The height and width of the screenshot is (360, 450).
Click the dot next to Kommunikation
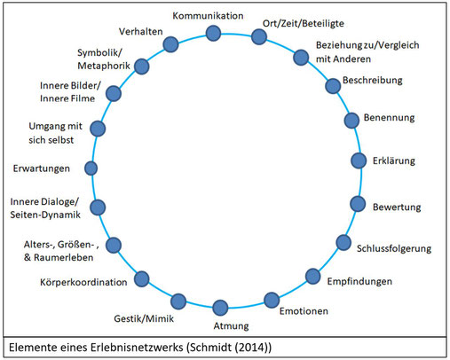tap(213, 33)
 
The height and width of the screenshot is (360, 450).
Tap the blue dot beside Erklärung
tap(359, 160)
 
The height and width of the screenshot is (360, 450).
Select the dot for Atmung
tap(220, 308)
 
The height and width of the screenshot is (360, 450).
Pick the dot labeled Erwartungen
tap(91, 168)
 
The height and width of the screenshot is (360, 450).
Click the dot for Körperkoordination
tap(142, 278)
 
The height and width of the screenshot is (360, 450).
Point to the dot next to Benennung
tap(351, 121)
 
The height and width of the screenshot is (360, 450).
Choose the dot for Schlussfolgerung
tap(343, 243)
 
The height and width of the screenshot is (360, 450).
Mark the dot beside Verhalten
tap(170, 44)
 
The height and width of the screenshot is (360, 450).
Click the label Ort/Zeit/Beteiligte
tap(304, 23)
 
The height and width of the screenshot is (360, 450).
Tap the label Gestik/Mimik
tap(144, 318)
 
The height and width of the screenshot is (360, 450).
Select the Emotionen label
tap(304, 311)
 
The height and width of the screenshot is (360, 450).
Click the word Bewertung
tap(397, 207)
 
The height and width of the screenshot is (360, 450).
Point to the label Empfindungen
tap(359, 281)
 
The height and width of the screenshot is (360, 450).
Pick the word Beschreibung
tap(373, 81)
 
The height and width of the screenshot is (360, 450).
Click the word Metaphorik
tap(104, 66)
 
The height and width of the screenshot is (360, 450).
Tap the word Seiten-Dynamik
tap(45, 215)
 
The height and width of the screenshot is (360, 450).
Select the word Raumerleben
tap(64, 257)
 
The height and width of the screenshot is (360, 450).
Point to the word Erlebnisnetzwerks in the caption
tap(137, 348)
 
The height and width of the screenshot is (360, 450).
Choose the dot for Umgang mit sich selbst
tap(98, 129)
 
